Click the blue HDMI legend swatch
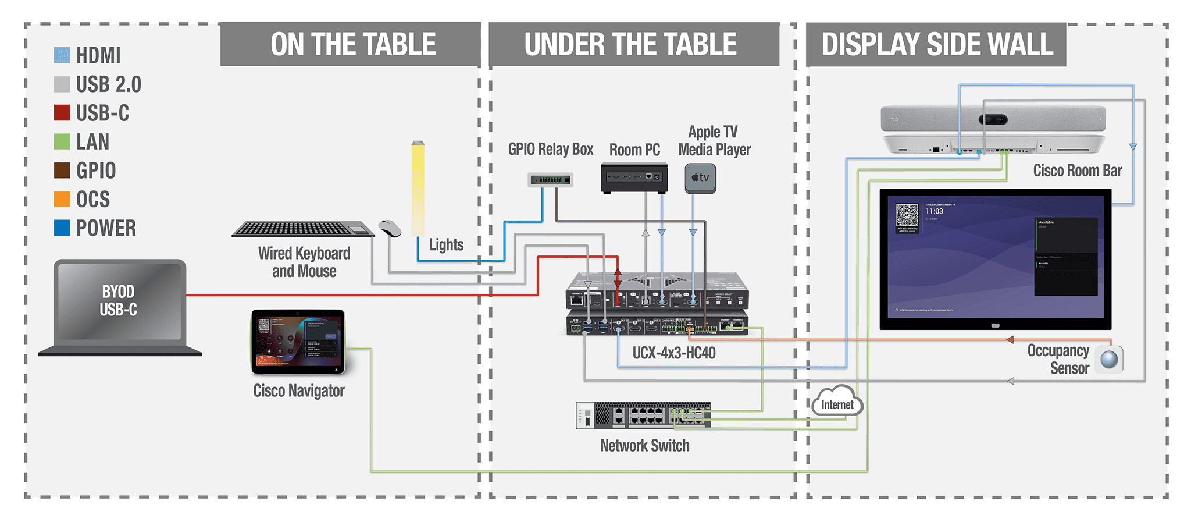tap(62, 55)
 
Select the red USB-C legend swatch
tap(62, 112)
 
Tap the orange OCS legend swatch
tap(62, 199)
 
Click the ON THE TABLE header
tap(352, 45)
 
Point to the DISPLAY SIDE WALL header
tap(936, 45)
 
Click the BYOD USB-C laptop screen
tap(119, 300)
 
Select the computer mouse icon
tap(390, 228)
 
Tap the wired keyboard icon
tap(302, 229)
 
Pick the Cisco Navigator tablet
tap(298, 342)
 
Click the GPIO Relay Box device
tap(551, 180)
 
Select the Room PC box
tap(634, 178)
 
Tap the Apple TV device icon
tap(700, 178)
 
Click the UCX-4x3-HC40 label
tap(673, 353)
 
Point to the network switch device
tap(643, 415)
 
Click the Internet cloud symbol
tap(837, 402)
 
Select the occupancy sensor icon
tap(1109, 359)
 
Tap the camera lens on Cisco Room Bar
tap(993, 119)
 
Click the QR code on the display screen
tap(907, 215)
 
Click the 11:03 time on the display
tap(934, 211)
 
